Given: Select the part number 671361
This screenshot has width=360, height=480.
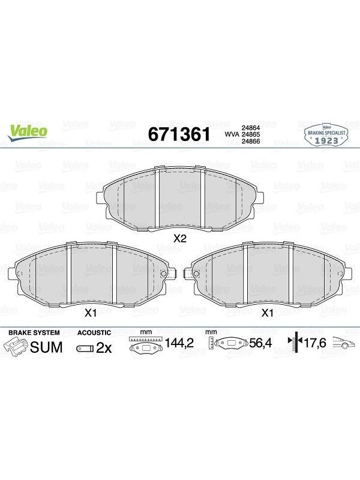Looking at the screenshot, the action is tap(179, 134).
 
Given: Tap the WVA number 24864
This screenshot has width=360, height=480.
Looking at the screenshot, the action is tap(251, 128).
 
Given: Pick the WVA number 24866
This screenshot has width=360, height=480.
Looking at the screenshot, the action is tap(251, 141).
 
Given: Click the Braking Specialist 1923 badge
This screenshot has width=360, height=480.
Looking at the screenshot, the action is tap(326, 134).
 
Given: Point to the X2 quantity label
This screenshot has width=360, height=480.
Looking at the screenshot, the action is tap(179, 238).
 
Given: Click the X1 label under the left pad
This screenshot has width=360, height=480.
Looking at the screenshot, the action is tap(91, 313).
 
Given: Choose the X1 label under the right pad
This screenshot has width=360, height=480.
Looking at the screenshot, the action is tap(267, 313).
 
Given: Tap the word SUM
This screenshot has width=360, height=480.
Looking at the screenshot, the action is tap(46, 347).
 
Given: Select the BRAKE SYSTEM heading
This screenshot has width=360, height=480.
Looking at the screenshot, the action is tap(34, 333).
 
